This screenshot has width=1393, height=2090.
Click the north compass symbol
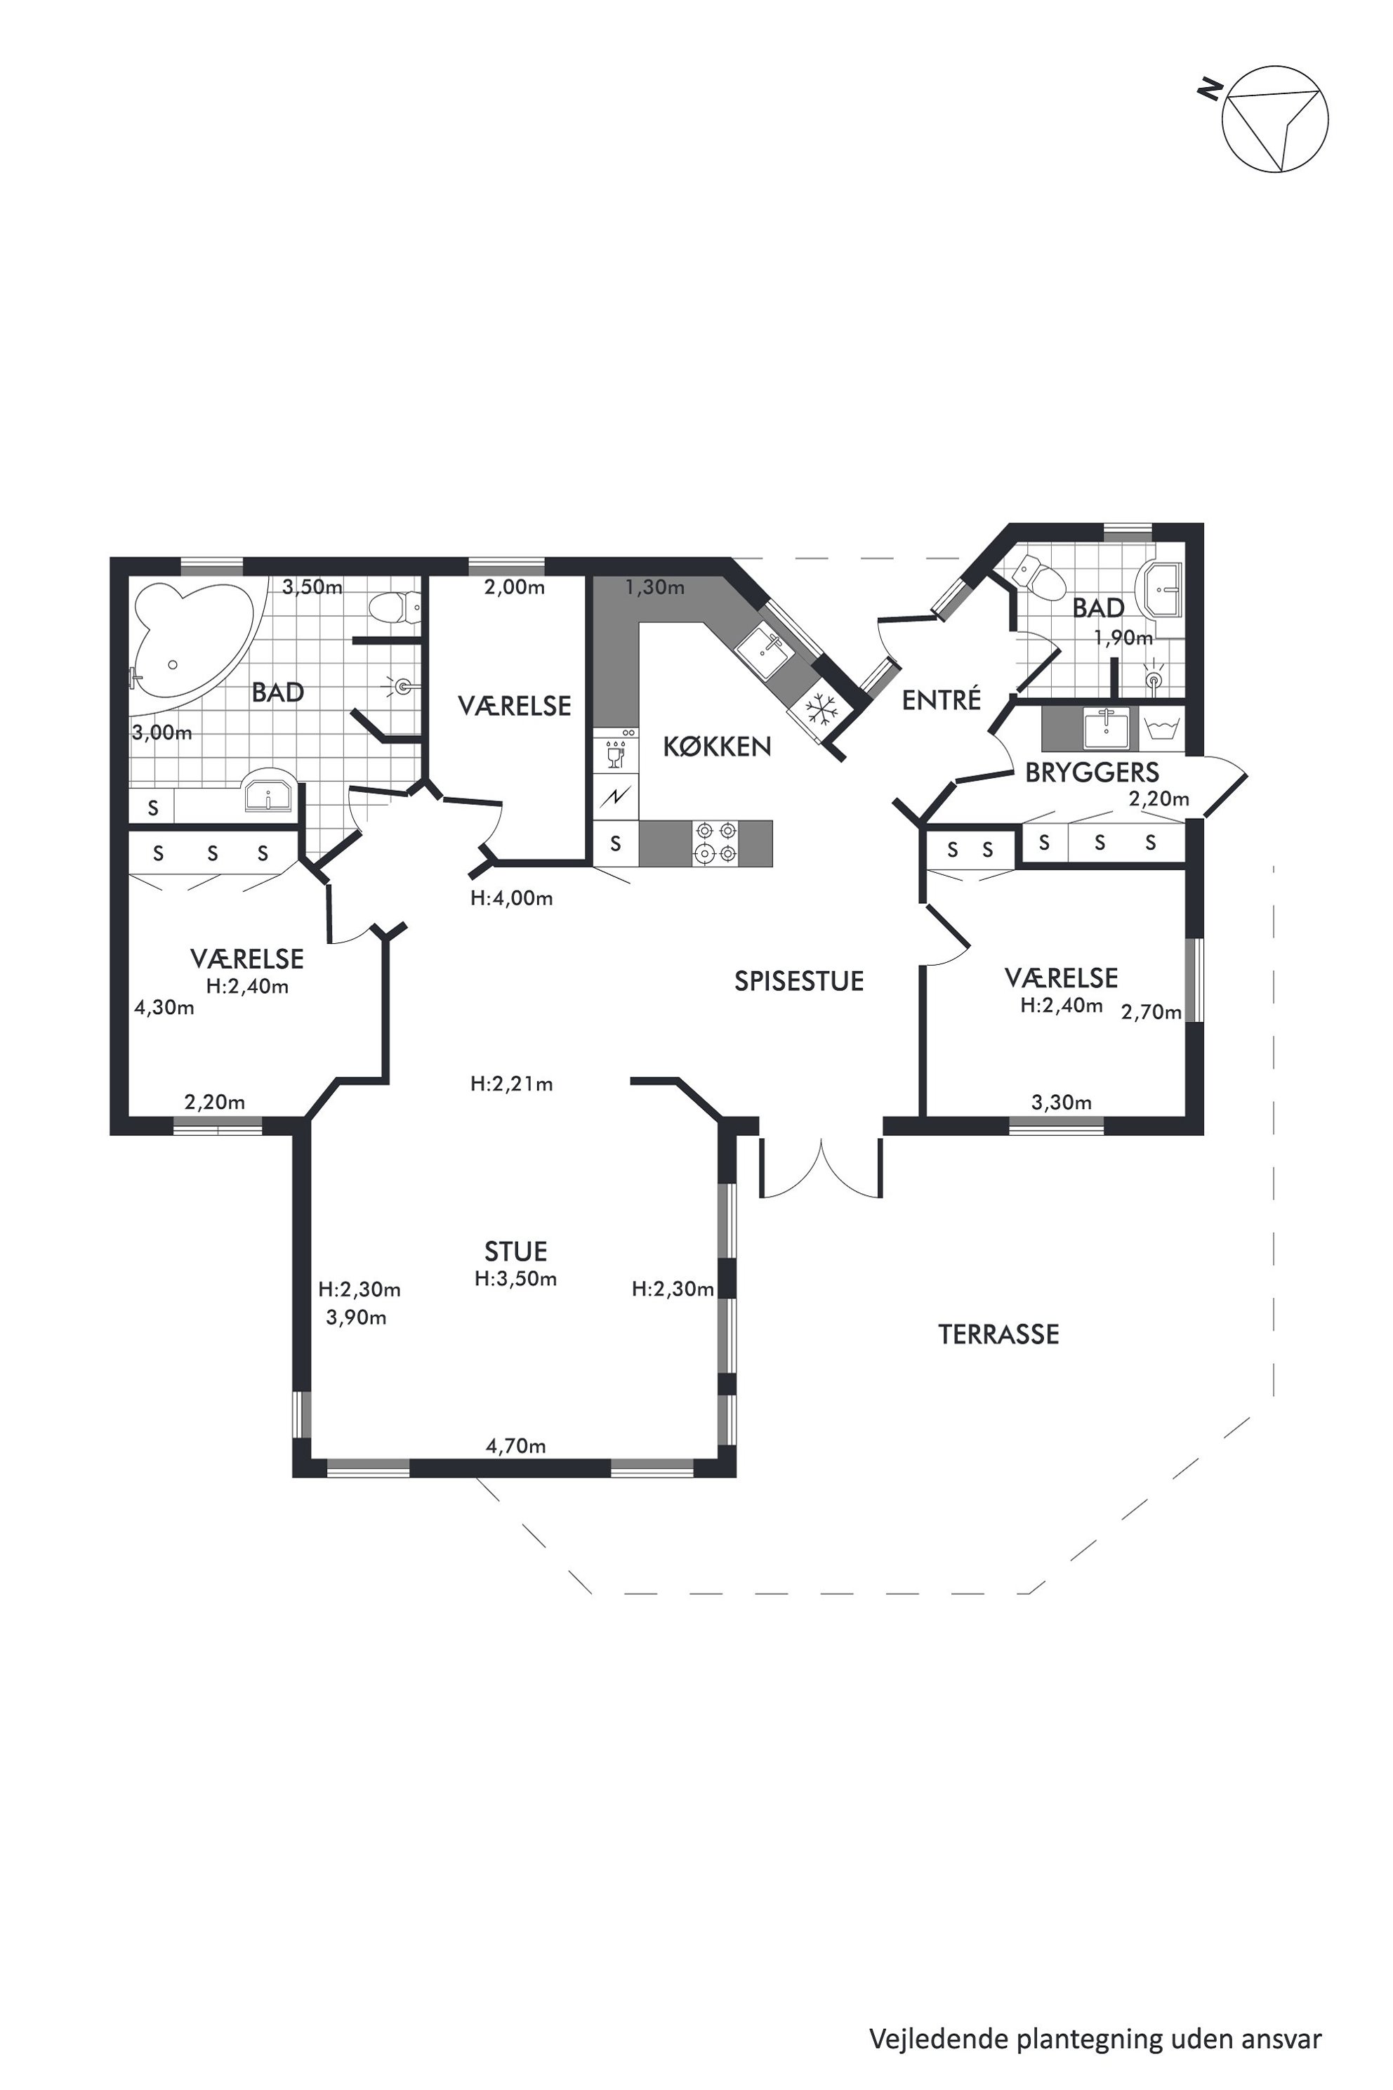point(1275,118)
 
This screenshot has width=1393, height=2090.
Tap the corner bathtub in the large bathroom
point(194,637)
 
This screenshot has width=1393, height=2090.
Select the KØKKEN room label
point(717,747)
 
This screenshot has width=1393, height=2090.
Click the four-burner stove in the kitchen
point(716,843)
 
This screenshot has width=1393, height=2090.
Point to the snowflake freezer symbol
point(821,710)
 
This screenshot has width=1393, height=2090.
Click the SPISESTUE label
point(799,981)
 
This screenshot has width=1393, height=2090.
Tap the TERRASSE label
point(998,1334)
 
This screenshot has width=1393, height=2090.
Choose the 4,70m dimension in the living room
point(515,1447)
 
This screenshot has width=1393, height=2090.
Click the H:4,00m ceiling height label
point(512,898)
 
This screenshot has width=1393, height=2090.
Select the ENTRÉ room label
point(942,699)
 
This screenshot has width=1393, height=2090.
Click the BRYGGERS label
point(1092,773)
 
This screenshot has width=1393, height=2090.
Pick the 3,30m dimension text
point(1062,1103)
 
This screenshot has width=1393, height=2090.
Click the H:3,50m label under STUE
point(515,1279)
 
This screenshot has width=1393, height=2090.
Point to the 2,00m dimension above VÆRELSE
point(515,587)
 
